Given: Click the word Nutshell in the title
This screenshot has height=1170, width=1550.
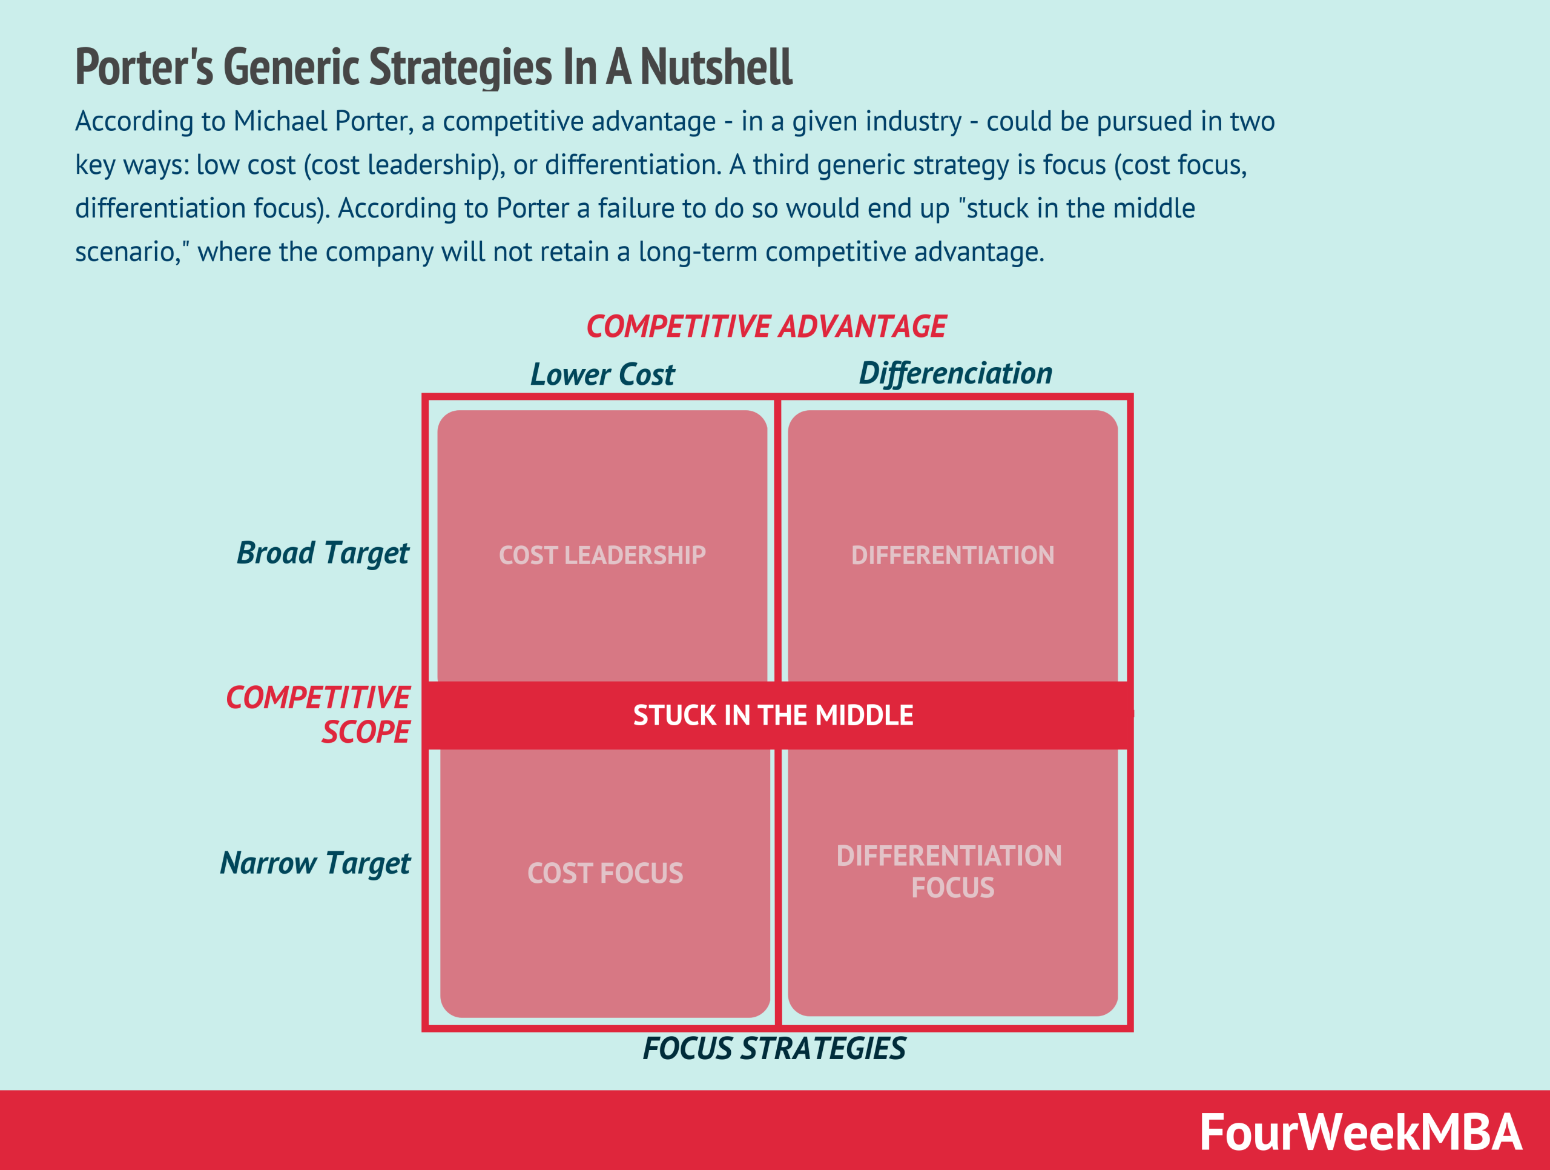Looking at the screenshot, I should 716,67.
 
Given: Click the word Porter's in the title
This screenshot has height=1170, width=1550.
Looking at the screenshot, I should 144,67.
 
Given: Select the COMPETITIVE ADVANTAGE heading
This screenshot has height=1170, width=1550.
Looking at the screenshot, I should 766,327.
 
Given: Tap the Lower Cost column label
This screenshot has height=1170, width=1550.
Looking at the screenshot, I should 602,374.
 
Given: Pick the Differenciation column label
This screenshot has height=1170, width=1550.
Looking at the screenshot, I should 955,373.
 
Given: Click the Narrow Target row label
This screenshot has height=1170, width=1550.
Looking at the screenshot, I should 315,863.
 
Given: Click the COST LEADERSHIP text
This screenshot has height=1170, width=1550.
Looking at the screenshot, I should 602,555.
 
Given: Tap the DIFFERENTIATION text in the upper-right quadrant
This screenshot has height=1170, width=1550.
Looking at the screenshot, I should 952,555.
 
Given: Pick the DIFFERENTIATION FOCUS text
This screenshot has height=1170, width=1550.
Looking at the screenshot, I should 949,871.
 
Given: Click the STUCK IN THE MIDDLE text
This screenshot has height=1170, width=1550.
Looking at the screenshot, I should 773,715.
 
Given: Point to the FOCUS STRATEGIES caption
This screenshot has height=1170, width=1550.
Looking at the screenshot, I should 774,1049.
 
